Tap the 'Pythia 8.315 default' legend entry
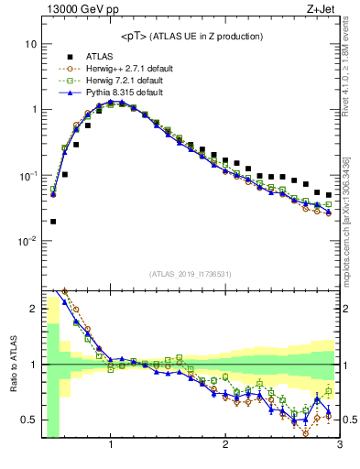123,93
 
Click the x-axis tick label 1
111,446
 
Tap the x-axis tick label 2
225,446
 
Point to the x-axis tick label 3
338,446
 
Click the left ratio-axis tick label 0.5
27,420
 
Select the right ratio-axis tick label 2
347,309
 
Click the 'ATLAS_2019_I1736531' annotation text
190,274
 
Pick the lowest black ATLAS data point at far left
53,221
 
